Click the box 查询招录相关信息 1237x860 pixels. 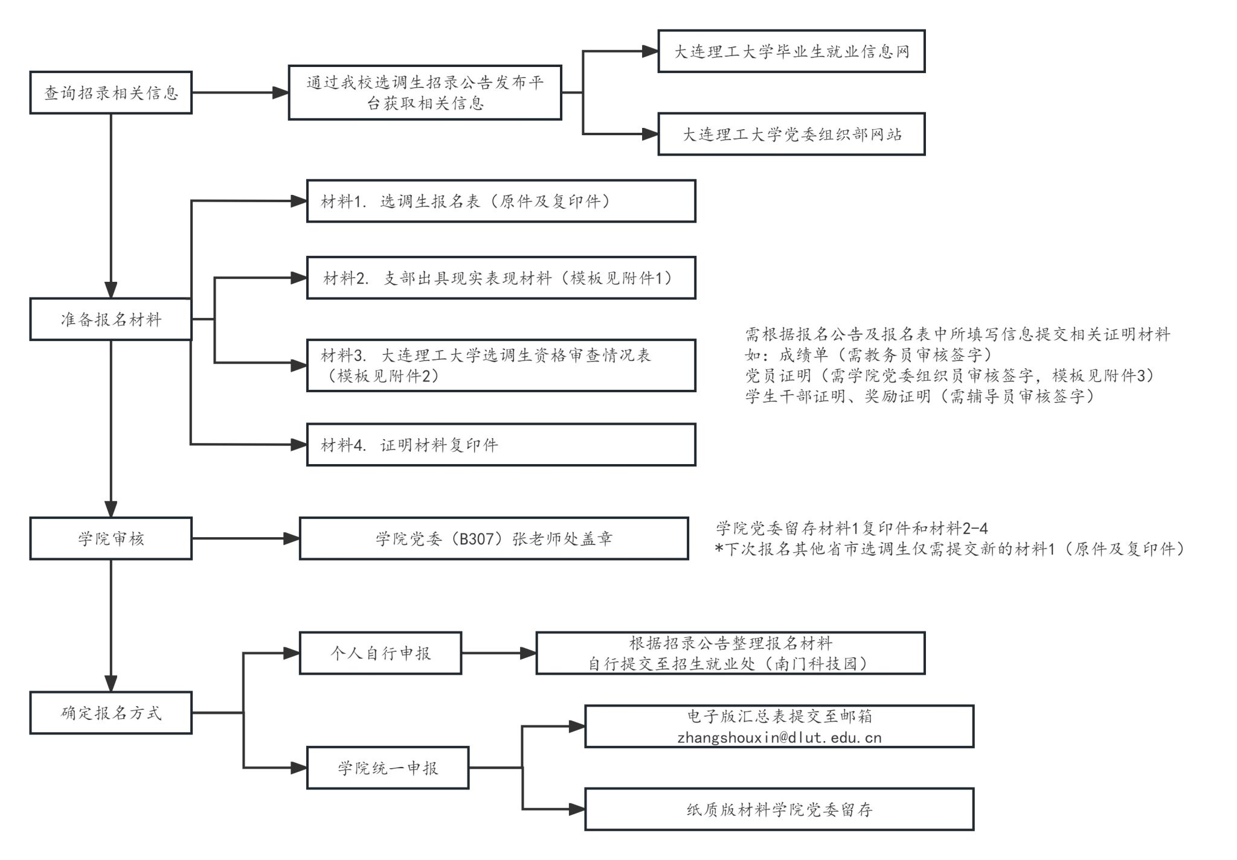pyautogui.click(x=111, y=92)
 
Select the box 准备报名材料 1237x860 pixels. pyautogui.click(x=111, y=319)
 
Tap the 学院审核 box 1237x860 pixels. pyautogui.click(x=111, y=538)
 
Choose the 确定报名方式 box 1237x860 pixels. pyautogui.click(x=111, y=713)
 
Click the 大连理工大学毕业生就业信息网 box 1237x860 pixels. pyautogui.click(x=791, y=51)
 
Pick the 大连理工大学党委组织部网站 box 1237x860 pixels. pyautogui.click(x=791, y=134)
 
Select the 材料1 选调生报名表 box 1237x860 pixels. pyautogui.click(x=501, y=201)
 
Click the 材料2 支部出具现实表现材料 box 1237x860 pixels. pyautogui.click(x=501, y=278)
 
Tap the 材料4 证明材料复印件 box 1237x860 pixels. pyautogui.click(x=501, y=445)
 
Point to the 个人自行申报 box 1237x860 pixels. pyautogui.click(x=381, y=653)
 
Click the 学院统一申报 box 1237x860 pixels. pyautogui.click(x=388, y=768)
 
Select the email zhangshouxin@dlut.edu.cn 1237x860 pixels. pyautogui.click(x=779, y=737)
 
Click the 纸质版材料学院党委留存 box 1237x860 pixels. pyautogui.click(x=779, y=809)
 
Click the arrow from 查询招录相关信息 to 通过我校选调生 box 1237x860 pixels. pyautogui.click(x=240, y=92)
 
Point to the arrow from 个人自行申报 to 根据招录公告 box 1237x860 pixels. pyautogui.click(x=499, y=653)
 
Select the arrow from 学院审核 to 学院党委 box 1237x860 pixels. pyautogui.click(x=246, y=538)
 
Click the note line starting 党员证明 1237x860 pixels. pyautogui.click(x=949, y=375)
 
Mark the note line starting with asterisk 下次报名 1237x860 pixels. pyautogui.click(x=949, y=549)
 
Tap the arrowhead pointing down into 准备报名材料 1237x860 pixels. pyautogui.click(x=111, y=290)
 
